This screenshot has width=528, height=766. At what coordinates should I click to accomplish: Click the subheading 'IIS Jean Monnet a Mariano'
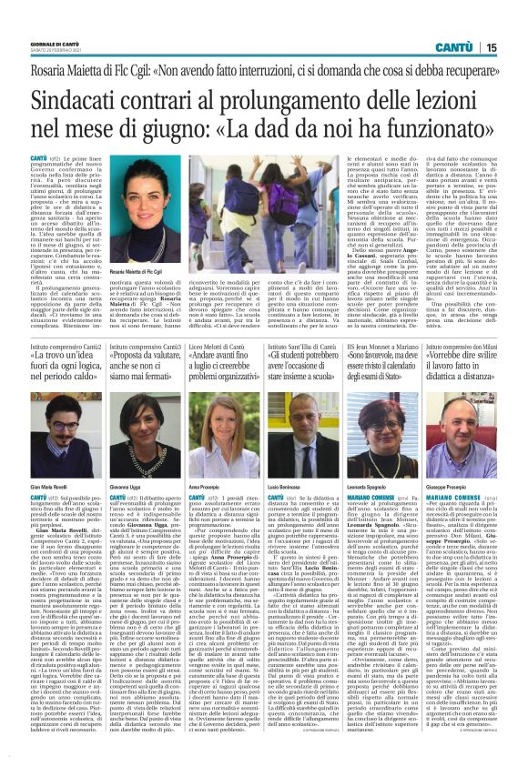(x=382, y=347)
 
